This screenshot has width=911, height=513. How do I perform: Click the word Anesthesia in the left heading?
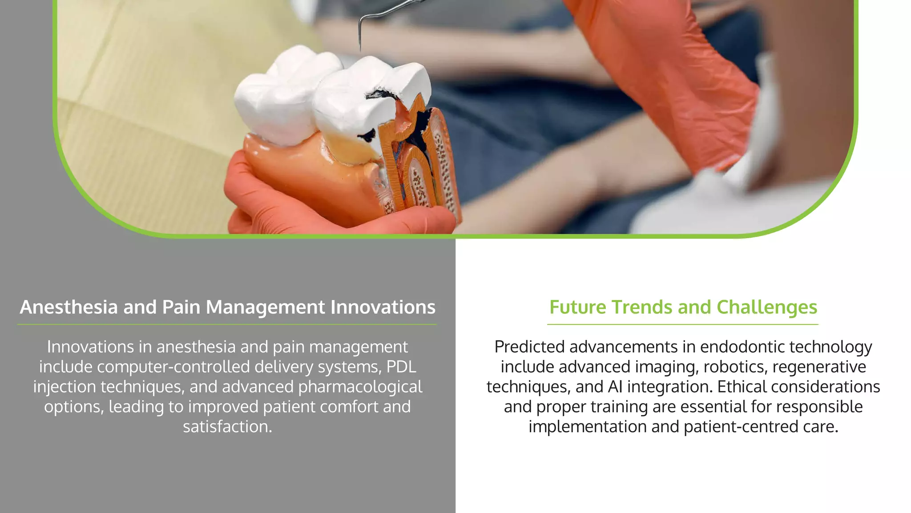point(69,307)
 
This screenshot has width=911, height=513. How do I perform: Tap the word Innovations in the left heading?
point(383,307)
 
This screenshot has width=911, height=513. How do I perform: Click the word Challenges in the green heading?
point(767,307)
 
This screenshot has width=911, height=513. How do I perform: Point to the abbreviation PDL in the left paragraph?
point(401,367)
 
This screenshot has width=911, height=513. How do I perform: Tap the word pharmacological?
point(360,387)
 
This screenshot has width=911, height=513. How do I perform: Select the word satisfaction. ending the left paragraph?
point(227,427)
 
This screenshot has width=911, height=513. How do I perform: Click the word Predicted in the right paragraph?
point(529,347)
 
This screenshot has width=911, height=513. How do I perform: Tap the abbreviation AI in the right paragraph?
point(615,387)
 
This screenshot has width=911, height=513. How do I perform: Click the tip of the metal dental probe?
point(359,49)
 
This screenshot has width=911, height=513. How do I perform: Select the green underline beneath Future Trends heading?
point(683,325)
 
